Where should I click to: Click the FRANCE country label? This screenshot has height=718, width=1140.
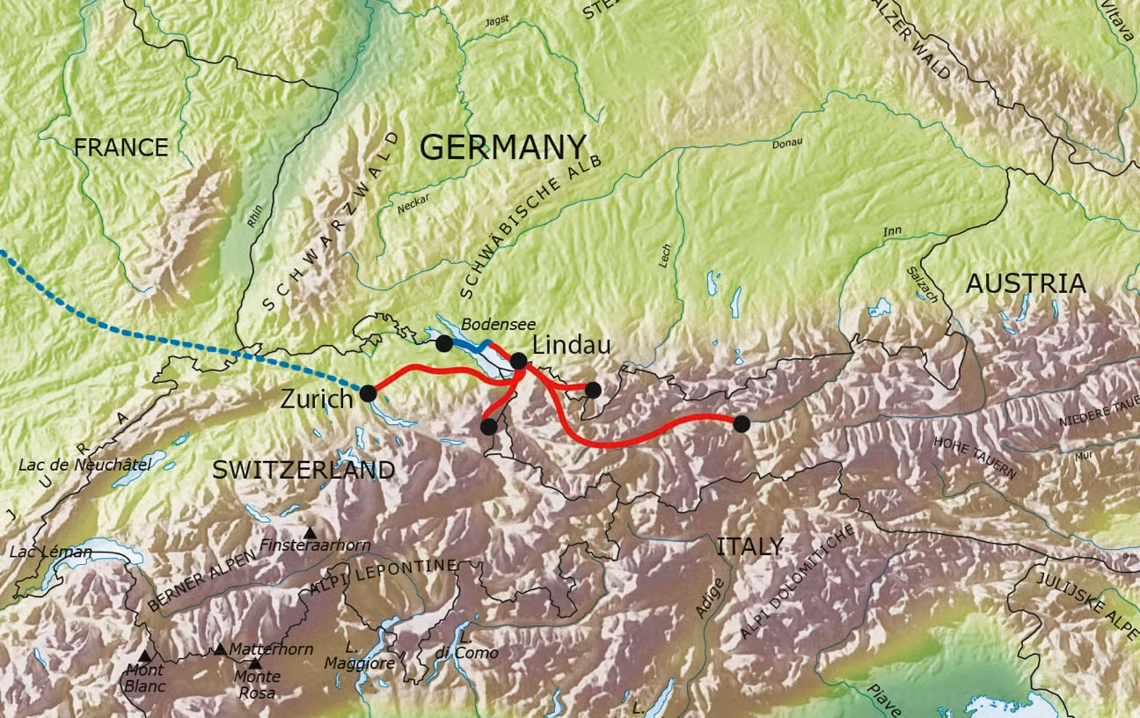(x=121, y=147)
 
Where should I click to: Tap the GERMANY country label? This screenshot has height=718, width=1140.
(x=502, y=148)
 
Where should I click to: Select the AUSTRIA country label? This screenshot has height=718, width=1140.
(x=1026, y=284)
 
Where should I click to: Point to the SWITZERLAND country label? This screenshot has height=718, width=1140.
(x=303, y=470)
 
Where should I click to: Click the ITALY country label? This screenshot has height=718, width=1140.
(x=749, y=546)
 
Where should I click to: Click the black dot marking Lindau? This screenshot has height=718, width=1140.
(x=519, y=360)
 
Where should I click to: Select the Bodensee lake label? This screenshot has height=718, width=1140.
(x=498, y=324)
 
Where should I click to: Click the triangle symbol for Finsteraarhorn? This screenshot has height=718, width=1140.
(x=310, y=532)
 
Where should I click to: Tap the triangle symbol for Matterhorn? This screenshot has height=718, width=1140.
(x=220, y=649)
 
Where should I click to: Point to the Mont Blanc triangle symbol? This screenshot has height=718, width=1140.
(x=145, y=656)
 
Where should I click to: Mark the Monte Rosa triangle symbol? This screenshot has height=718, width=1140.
(x=255, y=663)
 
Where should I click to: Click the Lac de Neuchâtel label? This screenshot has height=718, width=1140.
(x=84, y=465)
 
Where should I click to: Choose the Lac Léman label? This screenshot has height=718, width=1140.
(x=50, y=553)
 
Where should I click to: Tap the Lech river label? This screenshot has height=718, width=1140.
(x=665, y=255)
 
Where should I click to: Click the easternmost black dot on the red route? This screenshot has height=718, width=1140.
(x=741, y=423)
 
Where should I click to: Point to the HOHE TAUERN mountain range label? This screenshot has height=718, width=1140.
(x=976, y=458)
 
